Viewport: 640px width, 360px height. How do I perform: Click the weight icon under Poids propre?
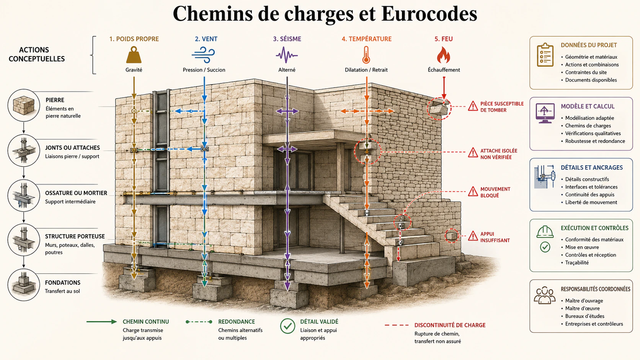(x=134, y=55)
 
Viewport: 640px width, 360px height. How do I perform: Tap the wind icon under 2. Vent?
(x=203, y=55)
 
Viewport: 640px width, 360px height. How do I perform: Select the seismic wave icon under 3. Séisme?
(x=287, y=55)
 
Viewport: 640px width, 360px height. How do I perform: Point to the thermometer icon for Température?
(x=366, y=55)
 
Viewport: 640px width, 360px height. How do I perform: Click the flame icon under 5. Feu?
(x=443, y=55)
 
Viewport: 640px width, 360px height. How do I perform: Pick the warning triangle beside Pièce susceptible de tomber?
(x=473, y=106)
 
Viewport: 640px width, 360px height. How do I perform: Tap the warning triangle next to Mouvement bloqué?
(x=473, y=192)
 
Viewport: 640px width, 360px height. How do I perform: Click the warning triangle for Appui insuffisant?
(x=473, y=236)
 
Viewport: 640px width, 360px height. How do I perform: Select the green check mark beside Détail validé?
(x=287, y=326)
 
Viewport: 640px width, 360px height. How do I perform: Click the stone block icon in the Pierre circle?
(x=24, y=105)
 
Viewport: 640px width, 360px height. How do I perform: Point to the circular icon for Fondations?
(x=24, y=285)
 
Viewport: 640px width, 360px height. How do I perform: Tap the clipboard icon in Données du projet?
(x=545, y=55)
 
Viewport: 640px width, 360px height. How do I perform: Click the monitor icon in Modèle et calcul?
(x=545, y=113)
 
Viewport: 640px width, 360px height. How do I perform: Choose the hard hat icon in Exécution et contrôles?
(x=545, y=231)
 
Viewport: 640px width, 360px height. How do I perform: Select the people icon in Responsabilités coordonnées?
(x=545, y=295)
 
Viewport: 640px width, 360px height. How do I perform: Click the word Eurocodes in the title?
(x=429, y=13)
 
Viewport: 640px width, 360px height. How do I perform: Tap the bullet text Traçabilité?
(x=577, y=263)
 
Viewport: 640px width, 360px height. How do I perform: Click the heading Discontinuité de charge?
(x=450, y=325)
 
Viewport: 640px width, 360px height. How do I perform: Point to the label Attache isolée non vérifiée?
(x=499, y=154)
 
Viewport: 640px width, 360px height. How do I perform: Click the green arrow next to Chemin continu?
(x=102, y=322)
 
